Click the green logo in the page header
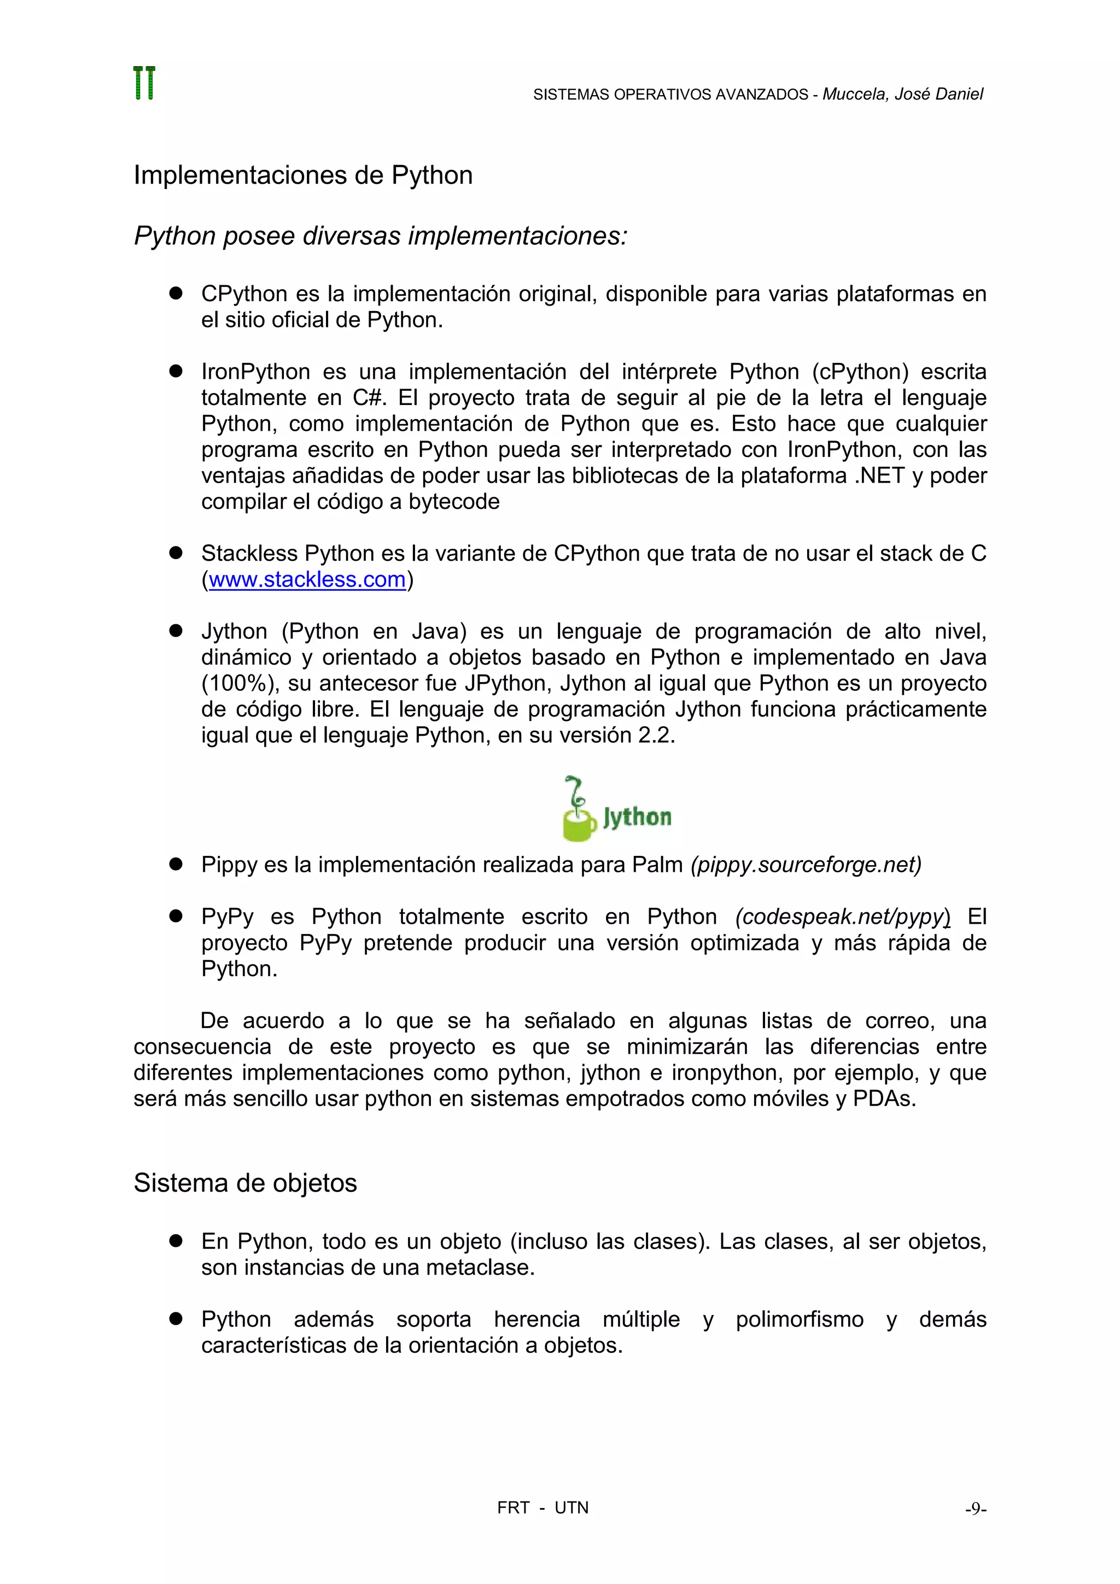click(144, 84)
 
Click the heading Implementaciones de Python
click(303, 175)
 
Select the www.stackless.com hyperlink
click(307, 579)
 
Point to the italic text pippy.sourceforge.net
click(806, 865)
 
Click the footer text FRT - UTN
click(542, 1508)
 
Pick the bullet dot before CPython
click(176, 293)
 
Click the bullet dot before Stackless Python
click(176, 553)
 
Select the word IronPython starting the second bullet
click(255, 372)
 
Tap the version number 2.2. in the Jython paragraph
click(656, 736)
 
